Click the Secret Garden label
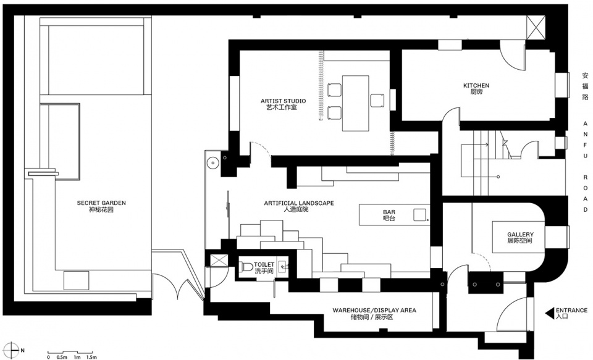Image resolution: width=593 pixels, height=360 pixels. point(101,206)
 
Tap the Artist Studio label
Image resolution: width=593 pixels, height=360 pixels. point(283,104)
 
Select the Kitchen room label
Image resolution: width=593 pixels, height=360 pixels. point(476,88)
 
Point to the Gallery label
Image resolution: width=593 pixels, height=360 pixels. point(520,238)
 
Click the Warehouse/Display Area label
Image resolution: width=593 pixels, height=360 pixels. point(374,314)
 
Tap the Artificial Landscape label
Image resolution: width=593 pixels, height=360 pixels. point(299,206)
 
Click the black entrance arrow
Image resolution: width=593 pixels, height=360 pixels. point(550,313)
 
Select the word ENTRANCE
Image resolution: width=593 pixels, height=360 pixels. point(571,311)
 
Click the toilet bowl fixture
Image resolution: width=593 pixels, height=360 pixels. point(246,267)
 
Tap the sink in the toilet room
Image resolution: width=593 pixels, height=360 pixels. point(282,267)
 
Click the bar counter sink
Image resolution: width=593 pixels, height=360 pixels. point(419,215)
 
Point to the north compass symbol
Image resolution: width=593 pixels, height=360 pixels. point(12,350)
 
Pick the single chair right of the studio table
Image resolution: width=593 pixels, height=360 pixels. point(377,100)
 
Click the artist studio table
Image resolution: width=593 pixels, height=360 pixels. point(356,103)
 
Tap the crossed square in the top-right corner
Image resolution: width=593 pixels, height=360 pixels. point(536,27)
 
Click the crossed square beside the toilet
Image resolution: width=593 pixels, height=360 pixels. point(219,261)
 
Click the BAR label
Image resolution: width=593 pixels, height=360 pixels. point(389,215)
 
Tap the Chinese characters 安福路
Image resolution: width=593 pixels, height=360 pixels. point(585,86)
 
